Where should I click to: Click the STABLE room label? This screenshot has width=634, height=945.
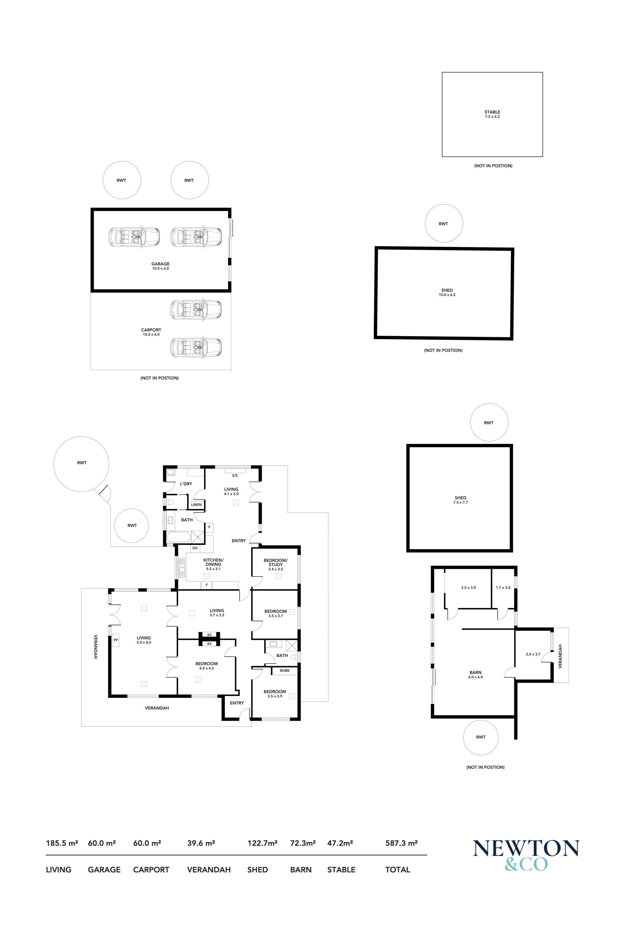pos(492,112)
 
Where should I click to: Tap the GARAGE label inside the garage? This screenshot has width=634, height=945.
pos(160,264)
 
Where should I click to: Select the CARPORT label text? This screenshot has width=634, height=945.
pos(151,330)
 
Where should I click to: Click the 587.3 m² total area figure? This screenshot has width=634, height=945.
pos(401,843)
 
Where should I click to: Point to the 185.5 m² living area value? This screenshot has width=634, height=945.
pos(62,843)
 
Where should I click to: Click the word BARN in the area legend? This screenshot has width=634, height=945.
pos(301,869)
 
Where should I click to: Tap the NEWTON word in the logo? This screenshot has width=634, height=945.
pos(526,848)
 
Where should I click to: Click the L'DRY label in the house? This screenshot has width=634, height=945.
pos(186,484)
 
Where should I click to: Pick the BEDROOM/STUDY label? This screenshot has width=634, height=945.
pos(276,562)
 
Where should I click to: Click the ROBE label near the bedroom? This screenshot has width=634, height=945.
pos(285,670)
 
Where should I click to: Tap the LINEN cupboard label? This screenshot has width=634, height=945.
pos(196,505)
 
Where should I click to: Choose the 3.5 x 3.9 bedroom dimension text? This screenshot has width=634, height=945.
pos(275,696)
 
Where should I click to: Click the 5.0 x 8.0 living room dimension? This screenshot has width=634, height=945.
pos(144,642)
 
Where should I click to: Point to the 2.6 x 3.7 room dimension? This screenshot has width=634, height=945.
pos(533,654)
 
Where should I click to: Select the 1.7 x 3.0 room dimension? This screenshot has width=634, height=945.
pos(503,587)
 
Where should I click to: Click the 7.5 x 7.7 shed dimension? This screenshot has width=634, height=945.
pos(461,502)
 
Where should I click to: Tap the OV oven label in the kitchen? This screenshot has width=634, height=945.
pos(195,548)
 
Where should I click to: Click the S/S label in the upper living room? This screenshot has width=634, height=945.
pos(235,475)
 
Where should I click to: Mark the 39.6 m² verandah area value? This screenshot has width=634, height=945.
pos(201,843)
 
